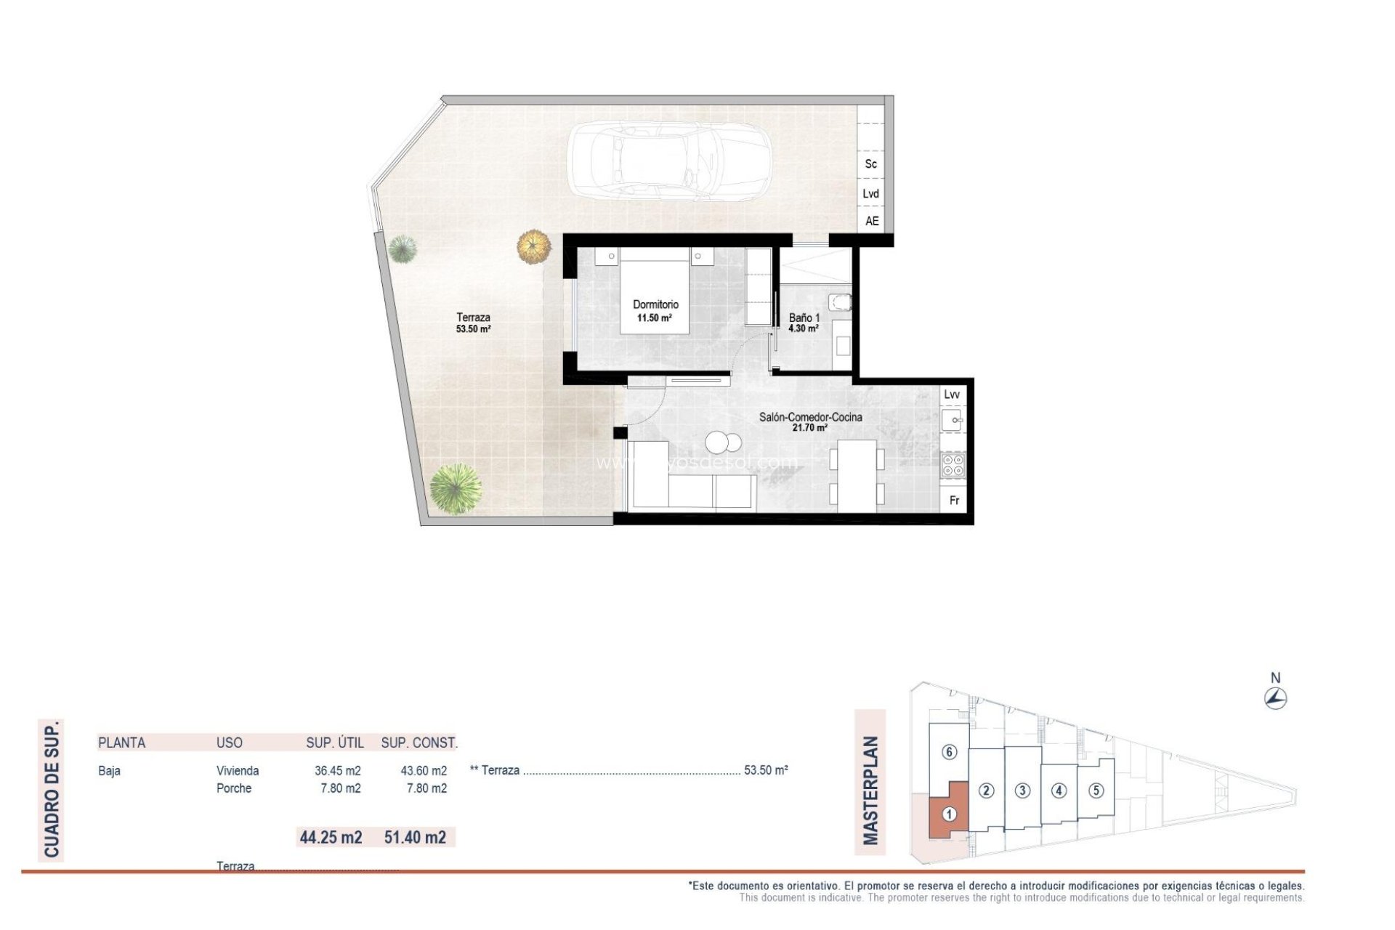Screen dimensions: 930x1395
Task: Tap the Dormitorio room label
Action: coord(655,304)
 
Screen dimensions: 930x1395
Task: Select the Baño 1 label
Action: coord(804,318)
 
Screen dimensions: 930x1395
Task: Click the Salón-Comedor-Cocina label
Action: coord(810,417)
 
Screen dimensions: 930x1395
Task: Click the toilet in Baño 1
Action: coord(841,302)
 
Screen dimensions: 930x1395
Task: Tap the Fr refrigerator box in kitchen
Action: coord(954,500)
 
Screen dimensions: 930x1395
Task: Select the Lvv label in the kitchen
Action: coord(952,395)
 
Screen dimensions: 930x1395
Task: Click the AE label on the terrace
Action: coord(872,221)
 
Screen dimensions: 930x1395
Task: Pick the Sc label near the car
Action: coord(870,164)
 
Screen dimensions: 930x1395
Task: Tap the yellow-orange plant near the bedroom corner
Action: coord(534,246)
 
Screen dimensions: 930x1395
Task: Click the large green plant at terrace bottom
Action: coord(456,489)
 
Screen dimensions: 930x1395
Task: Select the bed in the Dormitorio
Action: coord(654,291)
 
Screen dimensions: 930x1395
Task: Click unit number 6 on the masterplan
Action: coord(949,752)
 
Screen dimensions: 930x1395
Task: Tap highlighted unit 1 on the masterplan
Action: coord(948,814)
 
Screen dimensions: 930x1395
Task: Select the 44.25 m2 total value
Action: coord(331,837)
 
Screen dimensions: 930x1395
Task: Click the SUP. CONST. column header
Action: coord(418,743)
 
